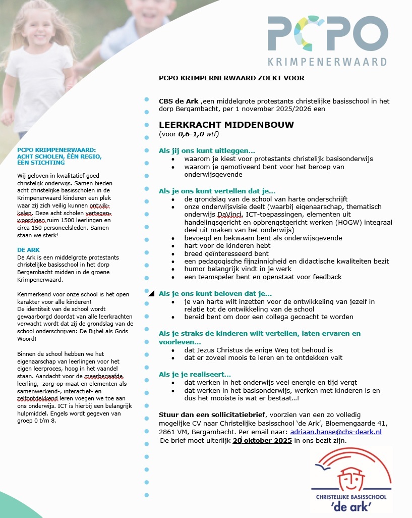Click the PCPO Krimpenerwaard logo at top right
pos(327,41)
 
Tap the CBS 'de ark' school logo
pos(351,479)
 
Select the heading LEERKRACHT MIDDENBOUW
pos(226,125)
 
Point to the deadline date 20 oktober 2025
pos(262,441)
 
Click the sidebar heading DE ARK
pos(28,250)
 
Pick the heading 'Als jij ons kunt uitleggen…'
pos(207,150)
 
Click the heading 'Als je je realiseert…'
pos(195,374)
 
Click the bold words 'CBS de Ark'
pos(179,101)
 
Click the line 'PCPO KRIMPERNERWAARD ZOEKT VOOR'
pos(231,78)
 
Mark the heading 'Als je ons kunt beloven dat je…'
pos(215,293)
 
